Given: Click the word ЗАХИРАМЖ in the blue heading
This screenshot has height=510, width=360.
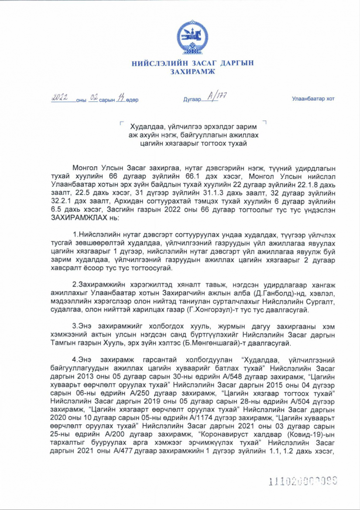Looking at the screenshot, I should coord(192,72).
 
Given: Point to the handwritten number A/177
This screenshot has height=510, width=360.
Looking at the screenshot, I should coord(216,97).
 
